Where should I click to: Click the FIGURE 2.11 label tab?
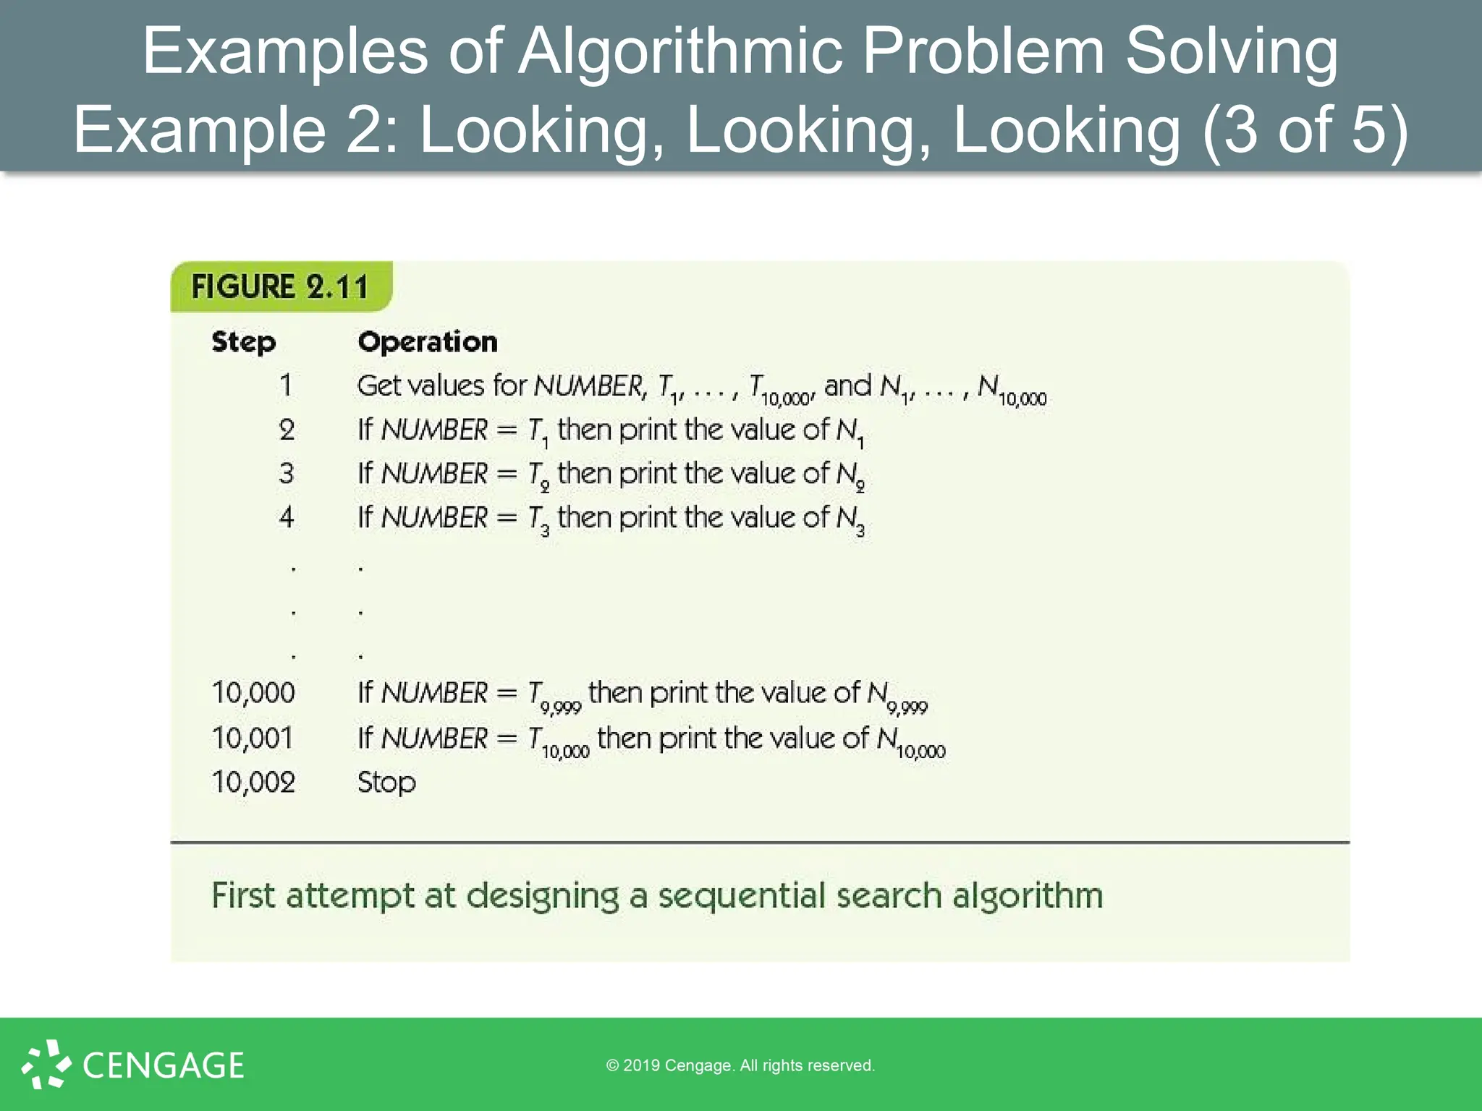click(x=280, y=286)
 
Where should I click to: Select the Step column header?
click(x=243, y=341)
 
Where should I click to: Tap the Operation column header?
click(x=428, y=341)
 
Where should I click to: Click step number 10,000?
click(x=253, y=693)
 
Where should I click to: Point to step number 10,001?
click(x=253, y=738)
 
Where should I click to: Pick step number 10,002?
click(x=253, y=782)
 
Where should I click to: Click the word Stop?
click(x=386, y=783)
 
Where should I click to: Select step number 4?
click(x=287, y=517)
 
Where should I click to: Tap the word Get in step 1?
click(x=380, y=386)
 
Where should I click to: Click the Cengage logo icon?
click(x=46, y=1064)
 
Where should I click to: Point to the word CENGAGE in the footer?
click(x=164, y=1065)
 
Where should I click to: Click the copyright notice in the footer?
click(x=740, y=1065)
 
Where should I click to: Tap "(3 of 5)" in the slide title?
click(x=1305, y=130)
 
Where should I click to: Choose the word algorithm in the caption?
click(x=1028, y=895)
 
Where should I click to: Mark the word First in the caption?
click(x=243, y=895)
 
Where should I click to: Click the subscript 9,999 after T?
click(x=561, y=707)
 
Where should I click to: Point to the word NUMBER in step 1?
click(x=588, y=386)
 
